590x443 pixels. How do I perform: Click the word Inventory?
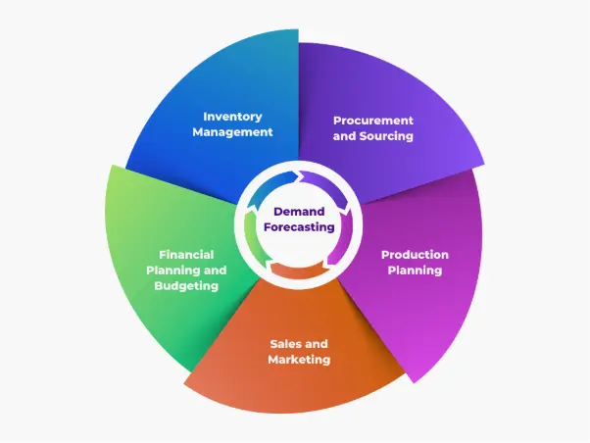click(232, 117)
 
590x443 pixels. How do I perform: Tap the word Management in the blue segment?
click(232, 132)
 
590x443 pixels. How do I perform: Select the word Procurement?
click(373, 121)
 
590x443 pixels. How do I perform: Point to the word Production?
click(415, 255)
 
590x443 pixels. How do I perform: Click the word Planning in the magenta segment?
click(415, 271)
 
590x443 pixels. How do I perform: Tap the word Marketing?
click(299, 360)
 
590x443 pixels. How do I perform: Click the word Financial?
click(186, 255)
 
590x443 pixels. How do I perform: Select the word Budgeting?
click(186, 286)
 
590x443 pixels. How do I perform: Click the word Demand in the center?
click(299, 212)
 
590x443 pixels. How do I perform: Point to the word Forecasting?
click(299, 227)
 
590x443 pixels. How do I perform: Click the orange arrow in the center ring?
click(298, 271)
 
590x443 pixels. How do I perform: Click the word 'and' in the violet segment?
click(344, 136)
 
